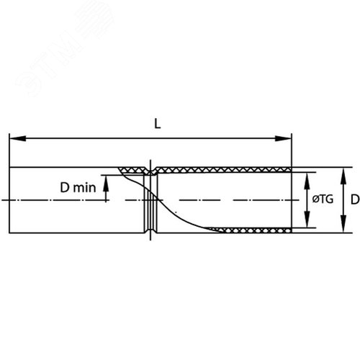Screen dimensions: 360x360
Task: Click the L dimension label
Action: click(x=157, y=124)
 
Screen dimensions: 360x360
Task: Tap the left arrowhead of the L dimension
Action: click(x=17, y=138)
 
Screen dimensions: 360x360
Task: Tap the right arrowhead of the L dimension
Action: click(x=284, y=138)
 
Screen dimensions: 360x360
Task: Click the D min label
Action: click(x=78, y=187)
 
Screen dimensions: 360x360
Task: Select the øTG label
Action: click(x=323, y=199)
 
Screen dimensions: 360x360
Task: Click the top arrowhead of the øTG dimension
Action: click(x=307, y=180)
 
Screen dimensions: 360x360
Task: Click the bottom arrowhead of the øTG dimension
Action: click(x=307, y=220)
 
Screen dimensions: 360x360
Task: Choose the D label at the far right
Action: click(x=355, y=199)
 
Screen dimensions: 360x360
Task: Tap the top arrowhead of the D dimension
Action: click(x=343, y=176)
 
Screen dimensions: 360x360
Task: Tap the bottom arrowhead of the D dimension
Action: click(x=343, y=225)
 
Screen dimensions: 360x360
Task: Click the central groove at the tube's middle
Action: click(x=150, y=200)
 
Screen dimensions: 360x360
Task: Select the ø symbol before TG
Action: click(x=315, y=199)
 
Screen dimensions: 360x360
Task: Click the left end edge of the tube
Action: click(x=9, y=200)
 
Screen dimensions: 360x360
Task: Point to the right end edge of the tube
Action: click(x=292, y=200)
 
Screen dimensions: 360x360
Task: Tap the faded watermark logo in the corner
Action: click(x=65, y=48)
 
